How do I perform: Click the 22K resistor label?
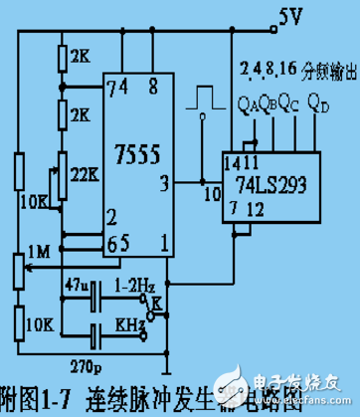pyautogui.click(x=82, y=170)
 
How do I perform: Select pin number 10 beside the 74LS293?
pyautogui.click(x=209, y=193)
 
